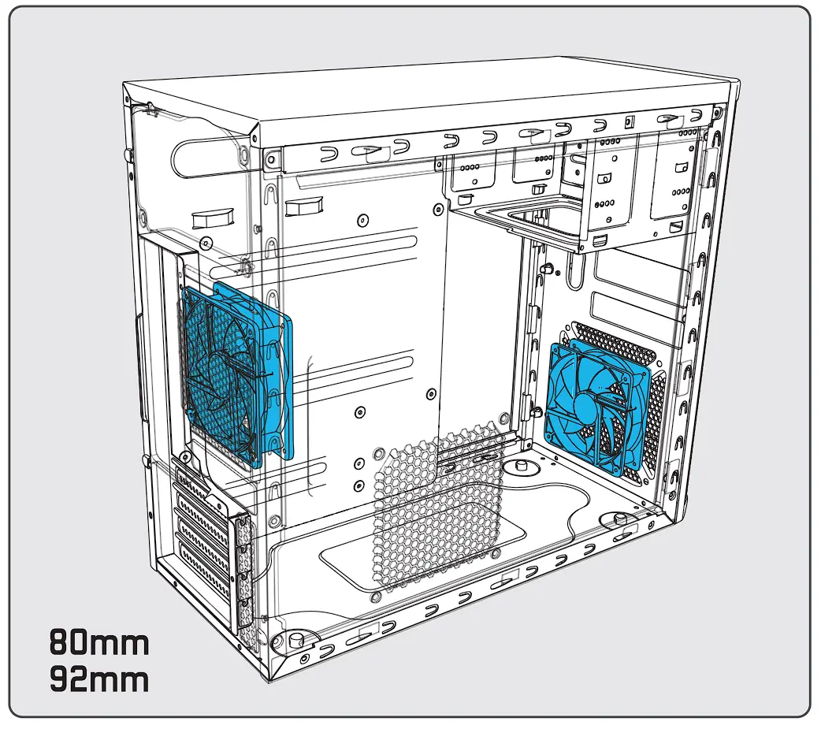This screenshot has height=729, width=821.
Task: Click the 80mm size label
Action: pyautogui.click(x=99, y=643)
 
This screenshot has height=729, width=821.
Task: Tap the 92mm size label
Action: pyautogui.click(x=99, y=679)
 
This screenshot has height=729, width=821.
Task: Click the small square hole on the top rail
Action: pyautogui.click(x=628, y=121)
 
